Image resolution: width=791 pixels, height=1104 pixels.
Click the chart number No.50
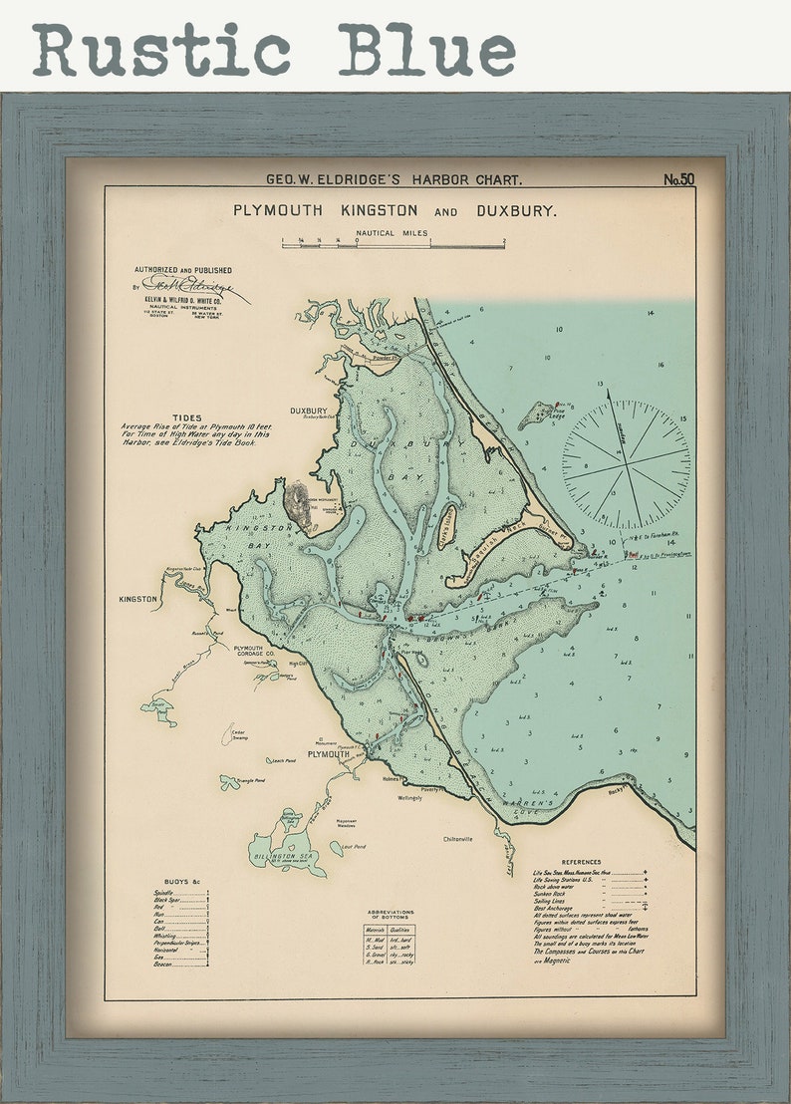pos(678,180)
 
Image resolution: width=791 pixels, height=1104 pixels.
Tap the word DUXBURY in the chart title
pos(516,211)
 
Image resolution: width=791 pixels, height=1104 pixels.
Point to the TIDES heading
pos(186,418)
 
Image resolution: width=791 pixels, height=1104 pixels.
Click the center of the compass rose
pos(626,464)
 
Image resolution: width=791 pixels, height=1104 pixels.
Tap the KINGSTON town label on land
pos(137,599)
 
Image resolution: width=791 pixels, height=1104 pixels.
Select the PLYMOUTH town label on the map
pos(328,754)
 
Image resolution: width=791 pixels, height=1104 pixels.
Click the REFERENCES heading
pos(581,862)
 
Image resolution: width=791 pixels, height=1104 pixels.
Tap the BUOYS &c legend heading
pos(183,882)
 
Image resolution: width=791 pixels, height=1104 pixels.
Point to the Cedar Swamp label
pos(239,735)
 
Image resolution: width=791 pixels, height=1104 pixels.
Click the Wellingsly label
pos(410,797)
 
